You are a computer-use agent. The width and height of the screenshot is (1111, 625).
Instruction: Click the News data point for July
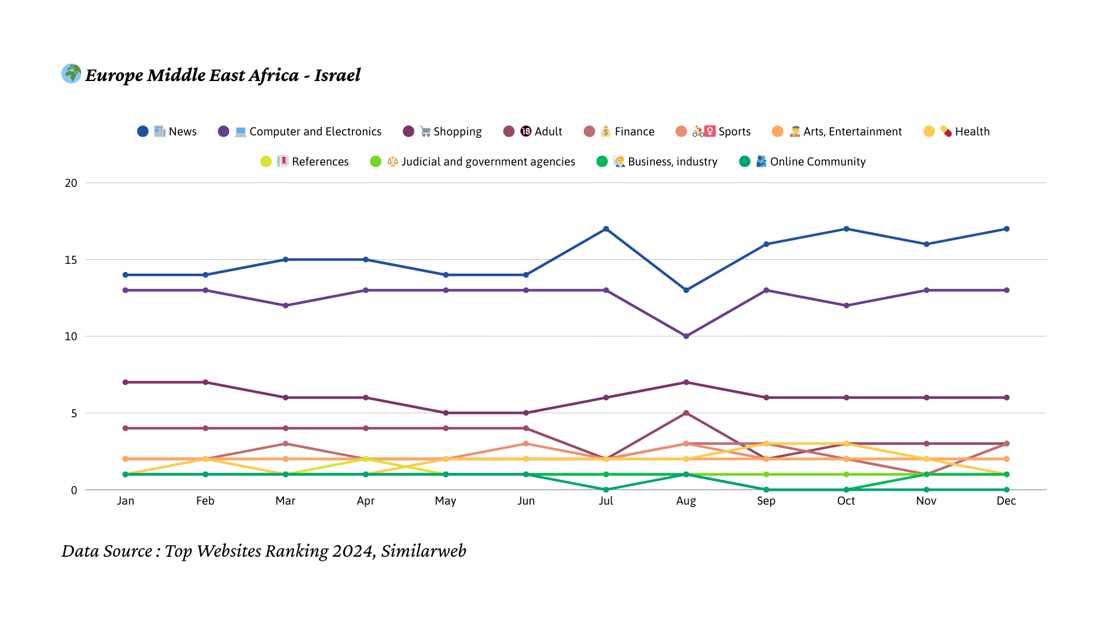click(606, 229)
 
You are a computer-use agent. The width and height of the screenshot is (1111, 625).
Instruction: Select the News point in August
click(686, 290)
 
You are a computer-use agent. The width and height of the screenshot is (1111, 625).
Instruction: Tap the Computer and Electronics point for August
click(686, 336)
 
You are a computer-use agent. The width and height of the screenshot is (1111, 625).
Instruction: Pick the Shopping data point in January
click(126, 383)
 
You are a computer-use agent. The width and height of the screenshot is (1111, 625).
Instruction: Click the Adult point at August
click(686, 413)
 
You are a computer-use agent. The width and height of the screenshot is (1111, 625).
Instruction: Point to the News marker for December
click(1007, 229)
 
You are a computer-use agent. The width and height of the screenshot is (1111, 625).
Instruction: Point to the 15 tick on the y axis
click(71, 260)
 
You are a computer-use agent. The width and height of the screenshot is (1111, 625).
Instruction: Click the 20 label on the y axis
click(71, 183)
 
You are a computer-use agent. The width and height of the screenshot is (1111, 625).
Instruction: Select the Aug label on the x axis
click(686, 501)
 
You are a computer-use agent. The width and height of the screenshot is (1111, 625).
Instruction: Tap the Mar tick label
click(285, 501)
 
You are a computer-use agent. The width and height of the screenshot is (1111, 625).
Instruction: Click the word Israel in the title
click(337, 75)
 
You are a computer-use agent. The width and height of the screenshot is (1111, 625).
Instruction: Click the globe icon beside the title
click(71, 73)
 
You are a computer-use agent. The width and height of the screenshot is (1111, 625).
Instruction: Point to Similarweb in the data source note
click(424, 551)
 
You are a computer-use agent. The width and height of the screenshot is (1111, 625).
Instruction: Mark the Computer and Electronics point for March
click(285, 306)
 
